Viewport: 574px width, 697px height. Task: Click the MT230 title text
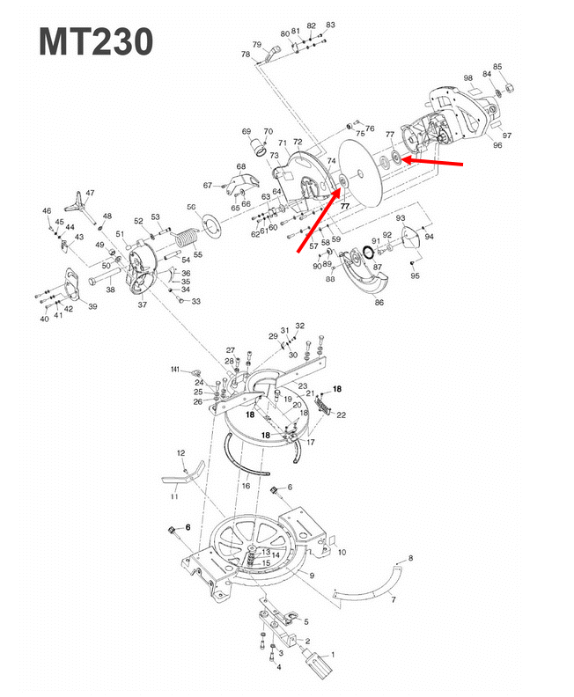[96, 41]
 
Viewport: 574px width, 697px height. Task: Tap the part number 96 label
[497, 145]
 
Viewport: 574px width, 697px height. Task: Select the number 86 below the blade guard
[379, 302]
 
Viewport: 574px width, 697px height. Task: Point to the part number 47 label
[90, 193]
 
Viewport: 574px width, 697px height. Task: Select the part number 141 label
[175, 370]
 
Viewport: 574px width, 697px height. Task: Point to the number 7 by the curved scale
[394, 599]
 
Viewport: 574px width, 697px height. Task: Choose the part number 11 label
[174, 497]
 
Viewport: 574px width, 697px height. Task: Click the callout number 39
[92, 306]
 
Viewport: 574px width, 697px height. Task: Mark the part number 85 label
[497, 67]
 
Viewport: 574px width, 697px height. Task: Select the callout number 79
[257, 45]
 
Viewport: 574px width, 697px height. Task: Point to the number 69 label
[247, 131]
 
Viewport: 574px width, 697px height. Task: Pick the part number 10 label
[342, 552]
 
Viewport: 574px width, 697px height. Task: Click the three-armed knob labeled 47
[80, 203]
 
